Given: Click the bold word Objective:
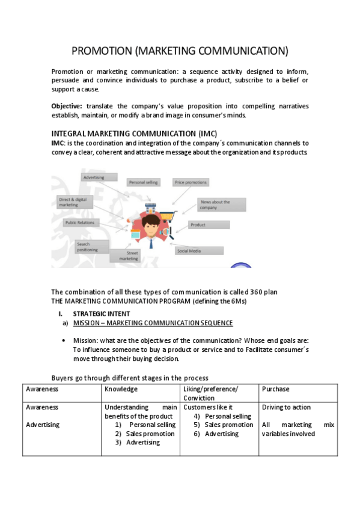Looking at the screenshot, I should [66, 106].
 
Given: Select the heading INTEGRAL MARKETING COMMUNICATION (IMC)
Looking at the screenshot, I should [134, 133].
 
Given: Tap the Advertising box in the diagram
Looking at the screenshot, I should [94, 177].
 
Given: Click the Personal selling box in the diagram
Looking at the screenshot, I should [143, 182].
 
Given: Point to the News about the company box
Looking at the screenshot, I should [221, 204].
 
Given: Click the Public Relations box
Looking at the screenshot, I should [80, 223].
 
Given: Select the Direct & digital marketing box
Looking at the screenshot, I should [76, 201].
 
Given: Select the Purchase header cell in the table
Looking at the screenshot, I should [275, 389].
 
